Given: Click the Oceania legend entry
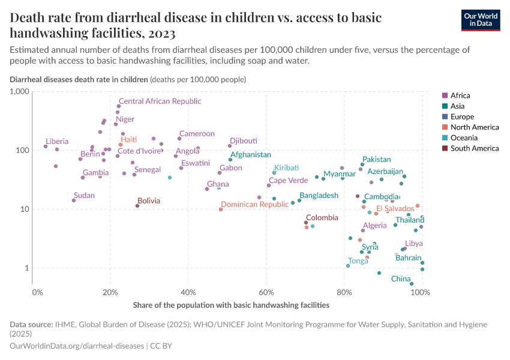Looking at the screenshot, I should tap(463, 137).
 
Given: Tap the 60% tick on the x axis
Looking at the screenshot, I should tap(267, 292).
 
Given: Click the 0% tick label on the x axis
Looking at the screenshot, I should tap(37, 292).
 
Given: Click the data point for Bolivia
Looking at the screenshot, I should tap(137, 206).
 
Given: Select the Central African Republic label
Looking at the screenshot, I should tap(160, 101).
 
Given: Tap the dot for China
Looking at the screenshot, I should tap(412, 284).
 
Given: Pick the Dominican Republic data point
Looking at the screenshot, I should tap(221, 209).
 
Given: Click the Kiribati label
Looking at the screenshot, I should tap(286, 167).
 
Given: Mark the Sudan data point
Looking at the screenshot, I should tap(74, 200).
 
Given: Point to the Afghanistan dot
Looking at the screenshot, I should tap(230, 160).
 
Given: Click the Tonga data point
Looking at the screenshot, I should tap(348, 265).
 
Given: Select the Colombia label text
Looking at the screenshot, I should tap(322, 218).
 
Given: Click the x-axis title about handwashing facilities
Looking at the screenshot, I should tap(231, 305).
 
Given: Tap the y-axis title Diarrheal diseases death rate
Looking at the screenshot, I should tap(79, 79).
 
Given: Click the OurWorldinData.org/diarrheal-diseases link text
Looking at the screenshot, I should tap(77, 346).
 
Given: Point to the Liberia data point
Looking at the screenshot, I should tap(46, 146).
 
